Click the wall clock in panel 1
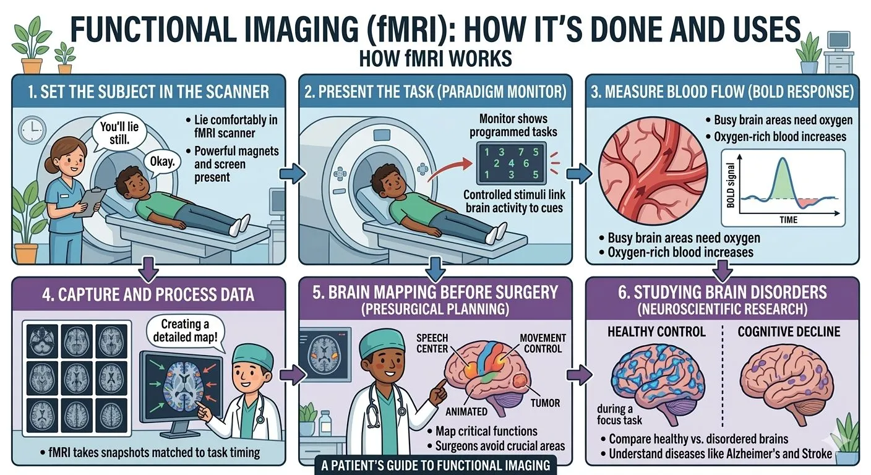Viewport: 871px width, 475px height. tap(29, 131)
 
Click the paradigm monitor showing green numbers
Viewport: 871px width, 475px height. tap(511, 162)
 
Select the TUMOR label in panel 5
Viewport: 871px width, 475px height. tap(545, 404)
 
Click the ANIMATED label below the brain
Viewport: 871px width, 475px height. tap(466, 411)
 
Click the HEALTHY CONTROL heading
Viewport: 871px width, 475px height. tap(656, 332)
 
